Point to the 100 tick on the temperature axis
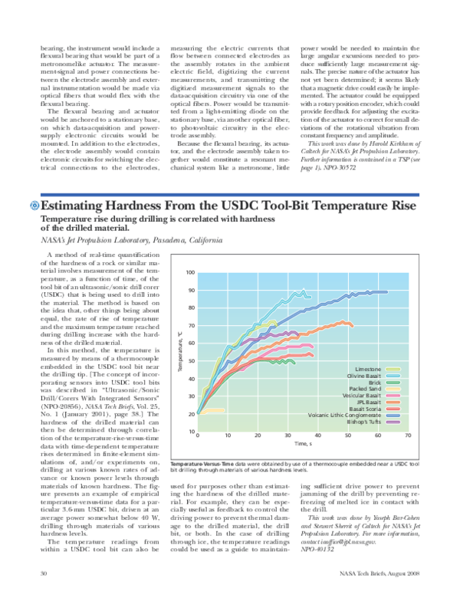tap(190, 273)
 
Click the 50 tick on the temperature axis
tap(191, 361)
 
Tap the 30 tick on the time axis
tap(287, 436)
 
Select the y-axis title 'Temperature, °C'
tap(180, 353)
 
